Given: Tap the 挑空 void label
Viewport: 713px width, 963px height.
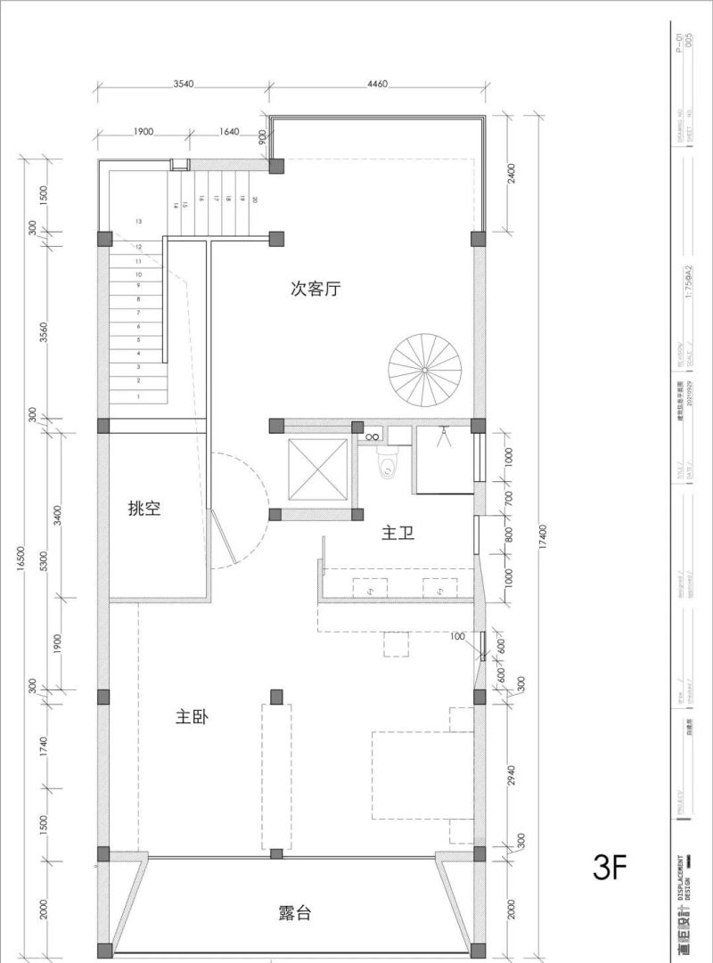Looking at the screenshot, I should tap(144, 509).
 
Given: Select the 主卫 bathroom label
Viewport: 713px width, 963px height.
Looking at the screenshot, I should tap(398, 534).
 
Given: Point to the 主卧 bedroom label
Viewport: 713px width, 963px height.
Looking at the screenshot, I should tap(192, 716).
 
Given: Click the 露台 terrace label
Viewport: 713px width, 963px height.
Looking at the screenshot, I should tap(294, 913).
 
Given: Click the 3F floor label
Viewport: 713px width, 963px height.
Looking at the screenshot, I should tap(611, 867).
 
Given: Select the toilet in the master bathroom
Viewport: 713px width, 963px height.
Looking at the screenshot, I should tap(388, 463).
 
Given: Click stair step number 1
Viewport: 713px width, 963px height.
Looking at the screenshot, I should tap(138, 396).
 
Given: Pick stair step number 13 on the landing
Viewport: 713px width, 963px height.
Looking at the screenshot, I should tap(138, 220).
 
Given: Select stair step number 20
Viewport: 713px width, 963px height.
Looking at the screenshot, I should tap(254, 200).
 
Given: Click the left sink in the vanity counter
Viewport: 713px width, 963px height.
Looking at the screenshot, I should tap(370, 588).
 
